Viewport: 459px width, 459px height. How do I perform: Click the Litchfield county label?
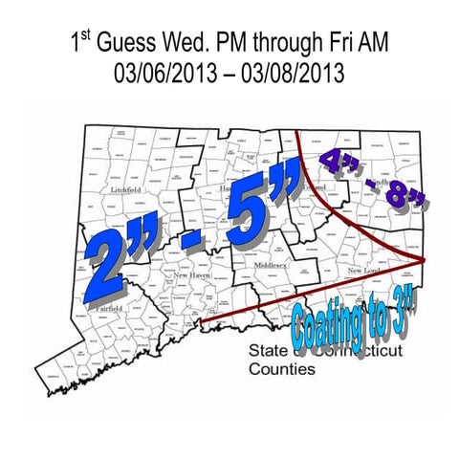pos(125,190)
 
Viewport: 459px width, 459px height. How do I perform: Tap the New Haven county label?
pos(192,274)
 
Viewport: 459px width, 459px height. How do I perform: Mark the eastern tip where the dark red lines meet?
pos(425,258)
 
